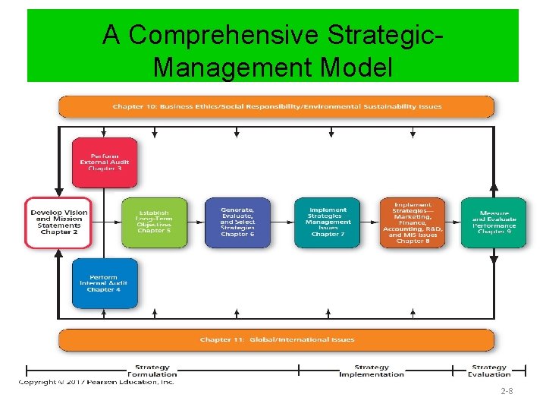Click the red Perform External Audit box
pyautogui.click(x=105, y=162)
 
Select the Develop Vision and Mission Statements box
pyautogui.click(x=58, y=222)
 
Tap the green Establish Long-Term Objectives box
pyautogui.click(x=154, y=222)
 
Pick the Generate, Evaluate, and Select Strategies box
pyautogui.click(x=237, y=222)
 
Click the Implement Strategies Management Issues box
pyautogui.click(x=328, y=222)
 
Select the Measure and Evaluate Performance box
pyautogui.click(x=494, y=222)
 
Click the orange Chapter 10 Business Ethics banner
pyautogui.click(x=276, y=106)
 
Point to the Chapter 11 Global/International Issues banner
pyautogui.click(x=276, y=339)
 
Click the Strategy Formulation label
pyautogui.click(x=152, y=371)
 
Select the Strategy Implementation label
pyautogui.click(x=372, y=371)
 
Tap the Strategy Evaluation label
pyautogui.click(x=489, y=371)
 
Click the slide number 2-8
pyautogui.click(x=507, y=392)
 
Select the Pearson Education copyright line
pyautogui.click(x=97, y=382)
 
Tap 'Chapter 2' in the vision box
pyautogui.click(x=59, y=232)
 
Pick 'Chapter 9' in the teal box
pyautogui.click(x=494, y=232)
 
